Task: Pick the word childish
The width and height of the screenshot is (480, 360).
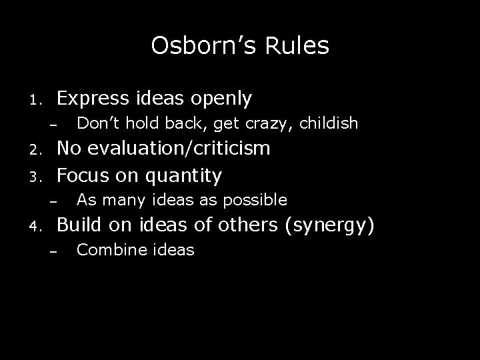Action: pos(329,123)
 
